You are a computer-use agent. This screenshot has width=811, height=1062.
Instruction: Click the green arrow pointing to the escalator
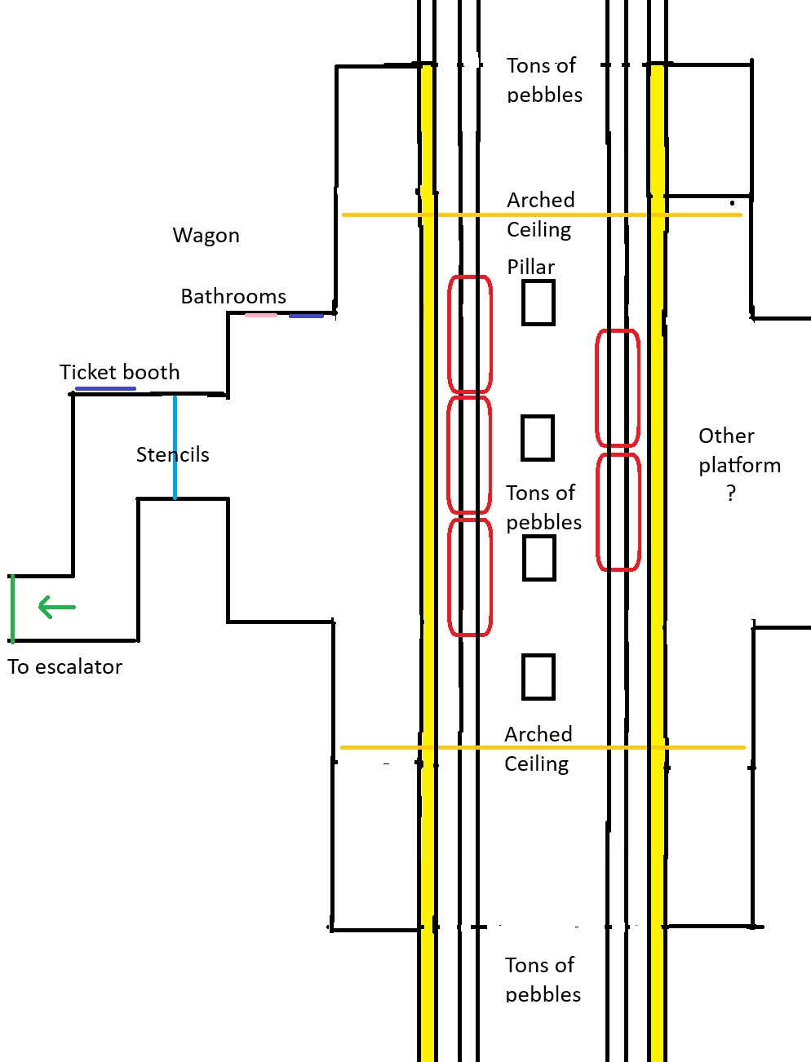click(56, 608)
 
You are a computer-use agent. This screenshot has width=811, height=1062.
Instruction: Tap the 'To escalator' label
click(65, 667)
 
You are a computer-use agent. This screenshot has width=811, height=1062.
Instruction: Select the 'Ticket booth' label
click(119, 373)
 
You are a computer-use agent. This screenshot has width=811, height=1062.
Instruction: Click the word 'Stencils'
click(172, 455)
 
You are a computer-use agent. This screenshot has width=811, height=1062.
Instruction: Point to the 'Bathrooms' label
click(233, 296)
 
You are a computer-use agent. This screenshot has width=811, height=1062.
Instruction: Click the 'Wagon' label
click(206, 236)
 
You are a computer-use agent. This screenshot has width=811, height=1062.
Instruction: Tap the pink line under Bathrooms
click(261, 315)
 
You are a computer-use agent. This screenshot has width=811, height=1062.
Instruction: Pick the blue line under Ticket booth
click(105, 389)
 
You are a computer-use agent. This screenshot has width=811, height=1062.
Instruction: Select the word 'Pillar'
click(530, 267)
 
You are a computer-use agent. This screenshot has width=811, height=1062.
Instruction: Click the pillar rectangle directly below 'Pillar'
click(538, 303)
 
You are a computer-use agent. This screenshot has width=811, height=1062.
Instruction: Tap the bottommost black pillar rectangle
click(538, 677)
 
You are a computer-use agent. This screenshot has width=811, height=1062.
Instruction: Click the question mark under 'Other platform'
click(731, 493)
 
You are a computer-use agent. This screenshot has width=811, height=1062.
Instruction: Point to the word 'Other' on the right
click(726, 436)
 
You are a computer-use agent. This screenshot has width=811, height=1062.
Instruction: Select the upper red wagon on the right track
click(618, 387)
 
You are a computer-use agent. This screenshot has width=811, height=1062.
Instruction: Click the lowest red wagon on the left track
click(470, 577)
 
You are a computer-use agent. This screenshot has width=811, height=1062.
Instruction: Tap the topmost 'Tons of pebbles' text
click(544, 80)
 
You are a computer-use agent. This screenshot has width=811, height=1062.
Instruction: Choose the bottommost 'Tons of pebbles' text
click(543, 980)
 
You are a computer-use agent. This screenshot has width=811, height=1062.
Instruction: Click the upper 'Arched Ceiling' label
click(540, 215)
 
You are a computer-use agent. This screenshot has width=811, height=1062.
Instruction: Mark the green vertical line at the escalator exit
click(12, 608)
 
